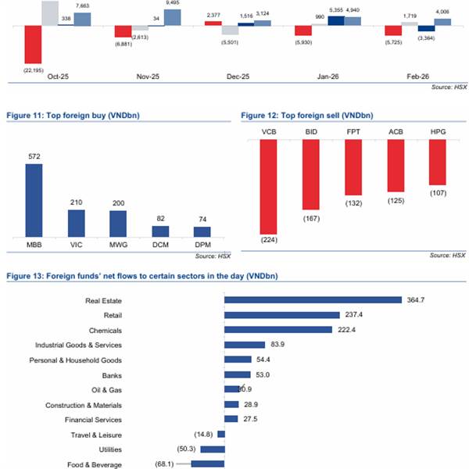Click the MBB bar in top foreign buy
point(34,200)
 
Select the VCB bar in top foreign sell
point(269,187)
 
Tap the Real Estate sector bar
point(313,299)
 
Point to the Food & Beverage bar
point(207,464)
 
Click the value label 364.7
point(416,299)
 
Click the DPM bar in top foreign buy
point(202,234)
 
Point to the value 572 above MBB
point(34,156)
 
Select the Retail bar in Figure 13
point(281,314)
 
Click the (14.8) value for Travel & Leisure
point(200,435)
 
